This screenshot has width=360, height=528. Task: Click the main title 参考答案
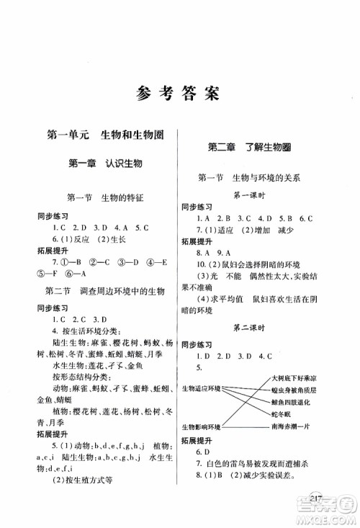[180, 93]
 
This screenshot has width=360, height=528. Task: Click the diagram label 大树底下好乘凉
[291, 378]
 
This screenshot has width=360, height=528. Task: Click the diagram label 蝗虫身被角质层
[294, 390]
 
